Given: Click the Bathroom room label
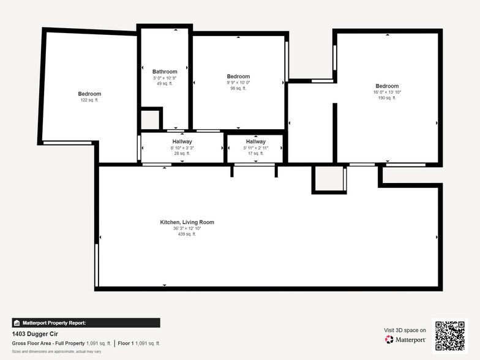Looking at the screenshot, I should click(165, 72).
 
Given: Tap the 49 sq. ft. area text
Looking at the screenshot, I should click(163, 84).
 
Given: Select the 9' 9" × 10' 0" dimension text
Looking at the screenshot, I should click(238, 83).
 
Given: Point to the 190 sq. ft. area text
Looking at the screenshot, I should click(387, 98).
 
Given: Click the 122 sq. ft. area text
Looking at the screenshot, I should click(89, 100).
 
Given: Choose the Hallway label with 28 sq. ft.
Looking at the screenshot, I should click(182, 141).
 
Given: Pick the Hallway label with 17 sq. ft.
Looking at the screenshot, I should click(255, 141).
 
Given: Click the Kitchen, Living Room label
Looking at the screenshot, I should click(187, 222).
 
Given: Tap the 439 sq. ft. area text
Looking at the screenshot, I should click(187, 234).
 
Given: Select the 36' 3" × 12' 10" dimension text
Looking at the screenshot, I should click(187, 228).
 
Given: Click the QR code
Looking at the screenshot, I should click(449, 336).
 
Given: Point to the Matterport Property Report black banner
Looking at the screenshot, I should click(86, 323).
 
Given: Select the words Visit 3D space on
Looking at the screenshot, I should click(405, 330).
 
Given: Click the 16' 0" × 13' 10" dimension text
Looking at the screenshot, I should click(387, 92).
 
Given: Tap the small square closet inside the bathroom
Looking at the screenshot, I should click(150, 119).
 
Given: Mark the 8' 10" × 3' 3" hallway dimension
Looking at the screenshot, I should click(182, 148).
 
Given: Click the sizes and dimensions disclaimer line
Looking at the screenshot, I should click(56, 351).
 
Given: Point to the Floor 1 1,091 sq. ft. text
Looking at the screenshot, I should click(139, 343).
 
